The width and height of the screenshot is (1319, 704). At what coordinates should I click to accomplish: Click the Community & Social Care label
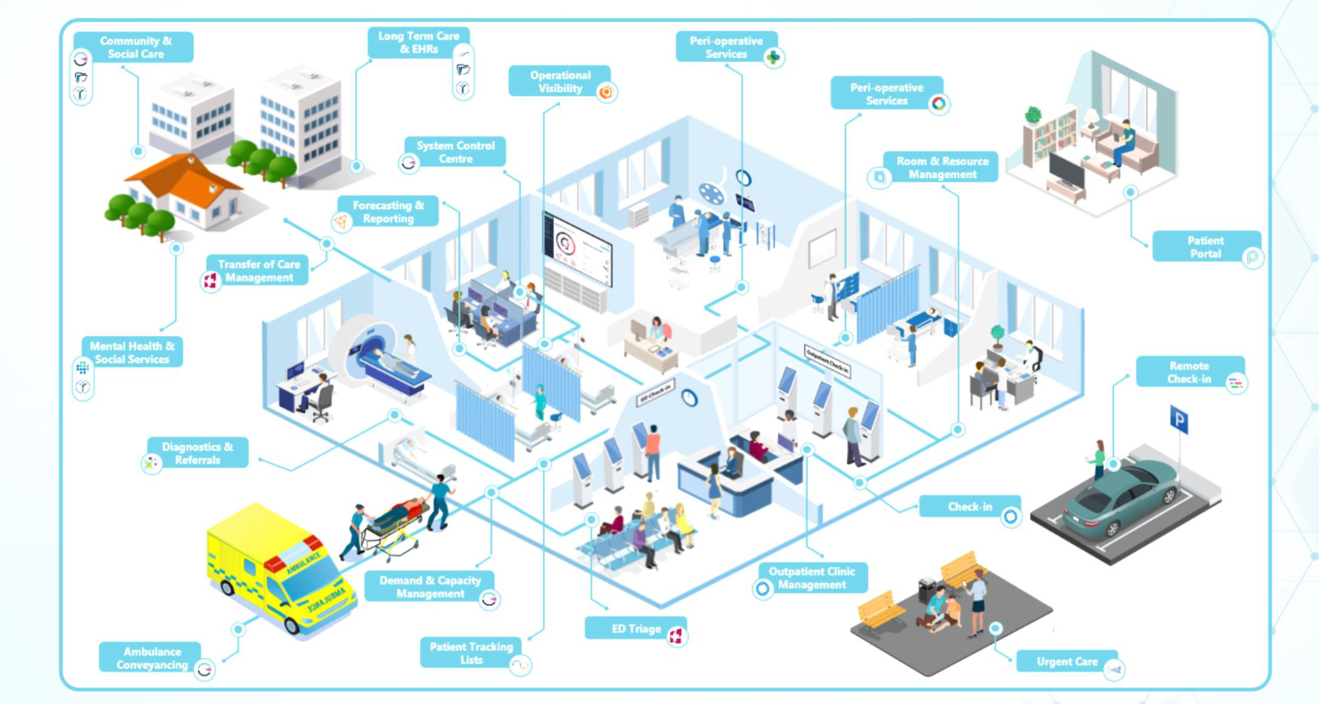[135, 47]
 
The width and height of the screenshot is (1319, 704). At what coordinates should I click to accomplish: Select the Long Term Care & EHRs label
[418, 43]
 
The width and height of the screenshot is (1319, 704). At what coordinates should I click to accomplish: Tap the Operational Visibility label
[560, 82]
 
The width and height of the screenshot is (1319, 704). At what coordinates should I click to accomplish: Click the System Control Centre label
[455, 152]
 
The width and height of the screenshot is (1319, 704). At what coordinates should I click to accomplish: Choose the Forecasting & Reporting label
[388, 212]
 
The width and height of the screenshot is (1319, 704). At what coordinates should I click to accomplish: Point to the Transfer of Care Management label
[259, 271]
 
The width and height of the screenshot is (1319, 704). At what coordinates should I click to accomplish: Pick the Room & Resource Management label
[942, 168]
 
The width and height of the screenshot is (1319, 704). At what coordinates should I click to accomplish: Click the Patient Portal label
[1205, 247]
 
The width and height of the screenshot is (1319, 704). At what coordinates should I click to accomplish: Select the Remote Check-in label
[1189, 373]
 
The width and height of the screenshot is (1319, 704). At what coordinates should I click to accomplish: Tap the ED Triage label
[636, 629]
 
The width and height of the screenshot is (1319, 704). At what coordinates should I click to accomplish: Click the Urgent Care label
[1067, 662]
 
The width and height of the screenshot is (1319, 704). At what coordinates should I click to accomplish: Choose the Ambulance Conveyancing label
[151, 658]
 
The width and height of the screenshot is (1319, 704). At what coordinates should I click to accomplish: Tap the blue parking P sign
[1179, 419]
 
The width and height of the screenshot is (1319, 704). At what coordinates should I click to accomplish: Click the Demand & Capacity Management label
[430, 587]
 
